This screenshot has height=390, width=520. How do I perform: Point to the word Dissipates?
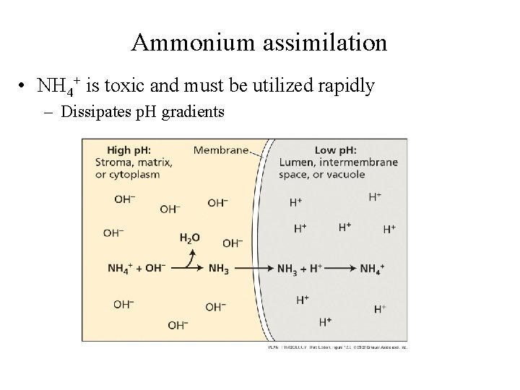pos(94,112)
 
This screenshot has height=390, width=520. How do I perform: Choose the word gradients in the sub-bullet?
pos(196,112)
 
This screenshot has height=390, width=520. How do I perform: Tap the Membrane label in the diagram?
pos(221,150)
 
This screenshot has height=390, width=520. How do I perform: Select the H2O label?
pos(189,237)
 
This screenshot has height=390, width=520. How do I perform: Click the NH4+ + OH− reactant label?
pos(136,268)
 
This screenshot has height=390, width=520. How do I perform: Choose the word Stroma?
pos(113,162)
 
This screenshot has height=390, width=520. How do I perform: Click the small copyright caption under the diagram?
pos(329,347)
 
